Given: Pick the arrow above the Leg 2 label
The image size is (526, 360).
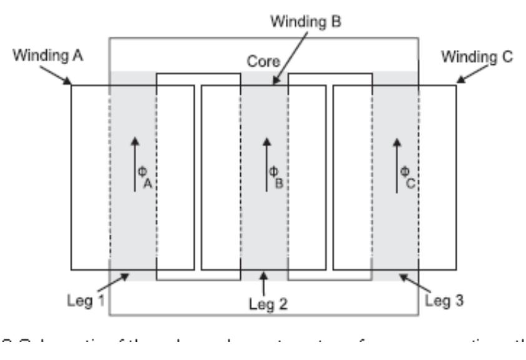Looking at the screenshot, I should (264, 283).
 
